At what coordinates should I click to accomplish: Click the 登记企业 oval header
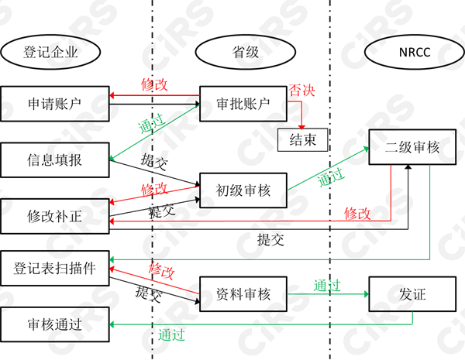(x=51, y=52)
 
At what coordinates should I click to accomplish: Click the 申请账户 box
(x=54, y=103)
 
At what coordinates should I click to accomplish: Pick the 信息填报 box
(x=54, y=160)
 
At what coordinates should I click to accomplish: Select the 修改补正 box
(x=54, y=216)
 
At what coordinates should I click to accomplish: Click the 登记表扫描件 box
(x=54, y=269)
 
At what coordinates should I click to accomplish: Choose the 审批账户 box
(x=244, y=103)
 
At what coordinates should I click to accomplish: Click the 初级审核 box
(x=244, y=190)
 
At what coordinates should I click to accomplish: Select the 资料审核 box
(x=244, y=294)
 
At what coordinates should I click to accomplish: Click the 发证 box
(x=412, y=294)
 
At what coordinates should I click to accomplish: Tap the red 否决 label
(x=302, y=91)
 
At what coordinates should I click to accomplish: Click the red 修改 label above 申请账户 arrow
(x=154, y=84)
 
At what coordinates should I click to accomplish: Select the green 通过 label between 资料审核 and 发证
(x=326, y=285)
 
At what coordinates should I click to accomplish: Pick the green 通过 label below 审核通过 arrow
(x=171, y=335)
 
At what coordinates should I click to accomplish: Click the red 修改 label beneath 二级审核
(x=357, y=212)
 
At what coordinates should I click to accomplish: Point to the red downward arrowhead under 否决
(x=302, y=125)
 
